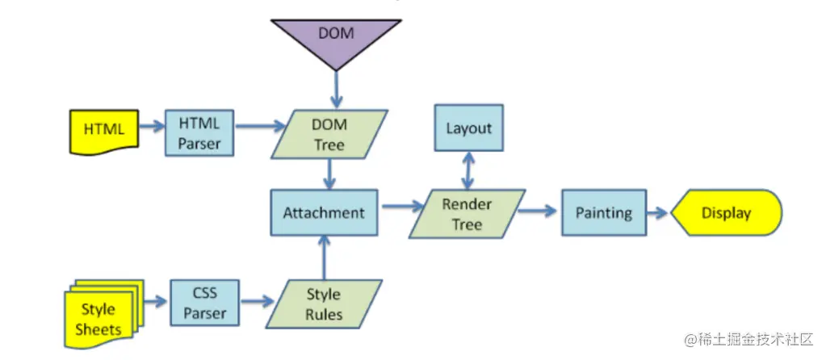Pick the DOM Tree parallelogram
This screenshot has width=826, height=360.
tap(329, 134)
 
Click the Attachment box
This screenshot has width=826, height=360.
tap(323, 213)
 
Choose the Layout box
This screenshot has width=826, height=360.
tap(468, 128)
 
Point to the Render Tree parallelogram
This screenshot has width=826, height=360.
tap(467, 214)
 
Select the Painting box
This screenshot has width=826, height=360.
tap(603, 213)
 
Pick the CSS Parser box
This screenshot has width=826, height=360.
tap(205, 302)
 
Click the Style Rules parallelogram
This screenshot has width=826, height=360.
tap(323, 303)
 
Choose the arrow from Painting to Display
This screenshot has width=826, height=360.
tap(656, 213)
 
